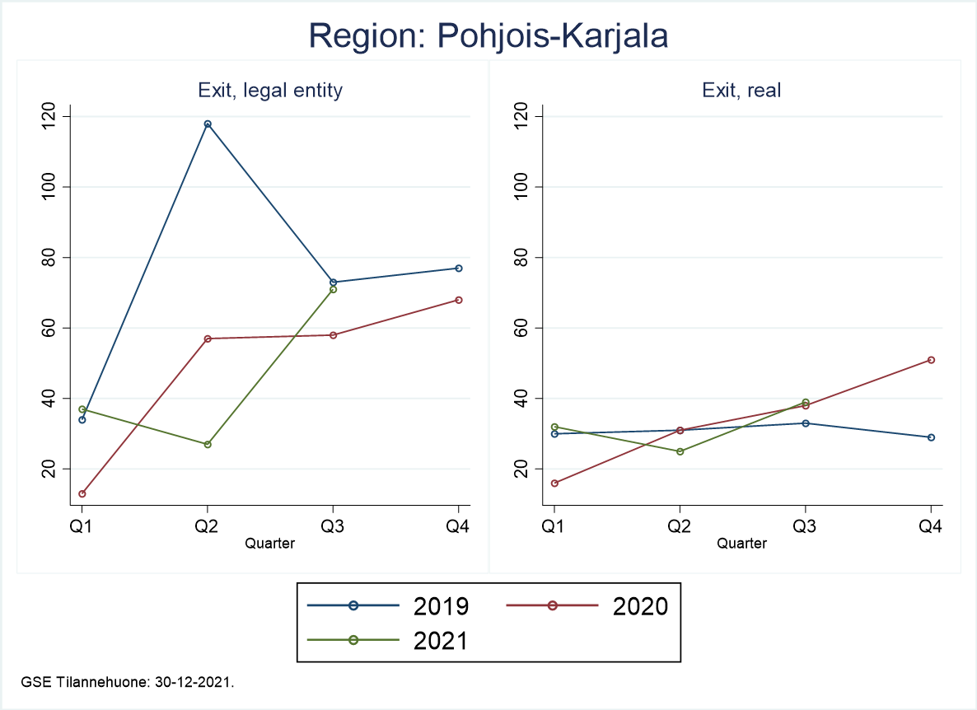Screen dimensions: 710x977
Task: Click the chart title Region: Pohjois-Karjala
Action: (x=488, y=36)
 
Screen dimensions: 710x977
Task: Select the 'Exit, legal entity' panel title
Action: (x=269, y=91)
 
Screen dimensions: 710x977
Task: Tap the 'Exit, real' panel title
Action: (x=741, y=91)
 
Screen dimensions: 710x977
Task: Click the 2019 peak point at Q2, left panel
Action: (x=208, y=124)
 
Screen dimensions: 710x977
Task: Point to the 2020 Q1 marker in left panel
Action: (x=82, y=494)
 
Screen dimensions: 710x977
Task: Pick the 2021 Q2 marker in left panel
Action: (x=208, y=445)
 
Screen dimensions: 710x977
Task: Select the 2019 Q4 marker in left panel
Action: (x=459, y=269)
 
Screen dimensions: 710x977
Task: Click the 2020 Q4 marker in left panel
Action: (x=459, y=300)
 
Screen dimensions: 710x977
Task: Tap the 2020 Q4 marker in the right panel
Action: (x=931, y=360)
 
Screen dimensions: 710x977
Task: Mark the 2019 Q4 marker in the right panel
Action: (x=931, y=437)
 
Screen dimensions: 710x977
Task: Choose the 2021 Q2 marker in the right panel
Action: (x=680, y=451)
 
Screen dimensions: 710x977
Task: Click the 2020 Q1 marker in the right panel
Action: (x=554, y=483)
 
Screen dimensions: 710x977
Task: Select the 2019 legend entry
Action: (x=387, y=606)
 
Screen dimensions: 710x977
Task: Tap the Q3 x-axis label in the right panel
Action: (x=805, y=528)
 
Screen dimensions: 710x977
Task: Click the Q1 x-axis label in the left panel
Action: (x=82, y=528)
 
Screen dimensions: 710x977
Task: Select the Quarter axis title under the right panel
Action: (x=741, y=544)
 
